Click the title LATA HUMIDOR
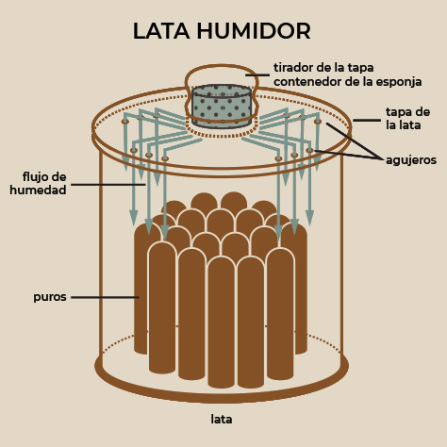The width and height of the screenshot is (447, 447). pyautogui.click(x=222, y=31)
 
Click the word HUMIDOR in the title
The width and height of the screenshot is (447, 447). pyautogui.click(x=254, y=31)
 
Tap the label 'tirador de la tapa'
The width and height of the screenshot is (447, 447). pyautogui.click(x=323, y=68)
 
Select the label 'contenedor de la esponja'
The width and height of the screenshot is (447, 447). pyautogui.click(x=347, y=82)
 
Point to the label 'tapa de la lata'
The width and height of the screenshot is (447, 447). pyautogui.click(x=407, y=119)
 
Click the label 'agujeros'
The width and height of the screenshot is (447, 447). pyautogui.click(x=411, y=160)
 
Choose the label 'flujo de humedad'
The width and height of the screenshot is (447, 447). pyautogui.click(x=38, y=183)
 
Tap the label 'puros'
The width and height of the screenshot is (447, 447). pyautogui.click(x=50, y=297)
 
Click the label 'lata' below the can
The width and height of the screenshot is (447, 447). pyautogui.click(x=222, y=419)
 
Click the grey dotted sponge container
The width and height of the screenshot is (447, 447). pyautogui.click(x=222, y=107)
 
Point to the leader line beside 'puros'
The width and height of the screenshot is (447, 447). pyautogui.click(x=105, y=297)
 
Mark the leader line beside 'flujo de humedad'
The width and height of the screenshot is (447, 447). pyautogui.click(x=108, y=185)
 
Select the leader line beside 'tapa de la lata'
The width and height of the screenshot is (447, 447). pyautogui.click(x=367, y=120)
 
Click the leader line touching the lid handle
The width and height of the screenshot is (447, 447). pyautogui.click(x=257, y=75)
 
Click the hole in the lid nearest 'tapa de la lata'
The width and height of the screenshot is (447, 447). pyautogui.click(x=318, y=121)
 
